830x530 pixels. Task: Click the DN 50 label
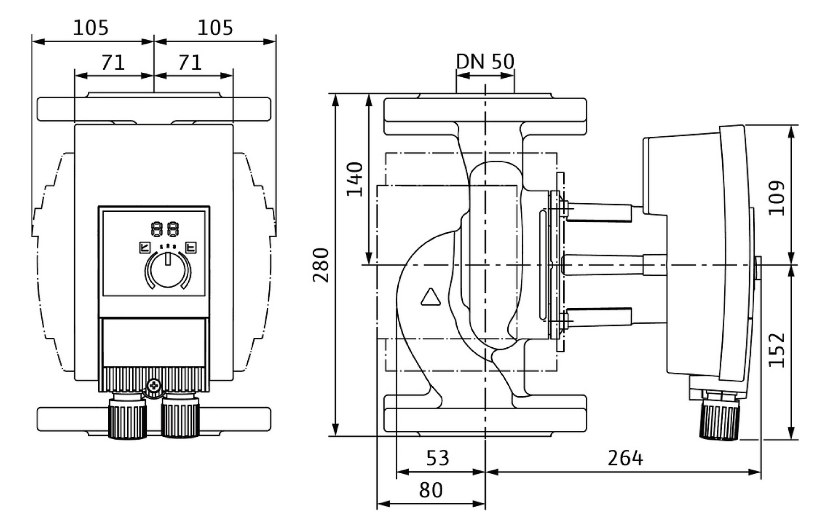[485, 61]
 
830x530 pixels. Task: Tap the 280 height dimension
[321, 265]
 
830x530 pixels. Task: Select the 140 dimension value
[355, 179]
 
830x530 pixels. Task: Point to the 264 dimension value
[625, 458]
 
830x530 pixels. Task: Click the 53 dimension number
[438, 458]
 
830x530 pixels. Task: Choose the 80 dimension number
[430, 490]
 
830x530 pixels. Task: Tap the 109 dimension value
[776, 198]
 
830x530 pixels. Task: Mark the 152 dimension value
[776, 350]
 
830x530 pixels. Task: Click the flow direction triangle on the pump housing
[430, 297]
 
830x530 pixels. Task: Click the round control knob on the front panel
[168, 270]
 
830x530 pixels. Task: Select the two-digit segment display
[165, 229]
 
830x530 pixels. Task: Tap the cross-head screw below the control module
[155, 386]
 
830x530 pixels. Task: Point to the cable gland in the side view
[719, 415]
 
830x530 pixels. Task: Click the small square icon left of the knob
[145, 248]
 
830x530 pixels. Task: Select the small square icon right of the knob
[191, 248]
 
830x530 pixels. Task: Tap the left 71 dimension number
[113, 63]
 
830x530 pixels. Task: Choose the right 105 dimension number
[215, 28]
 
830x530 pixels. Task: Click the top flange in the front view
[154, 109]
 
